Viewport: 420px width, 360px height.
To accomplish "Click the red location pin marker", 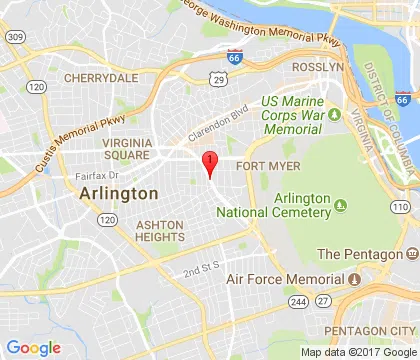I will point(209,163).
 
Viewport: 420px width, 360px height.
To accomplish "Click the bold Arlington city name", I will point(117,193).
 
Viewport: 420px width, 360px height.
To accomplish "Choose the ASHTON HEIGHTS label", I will point(160,232).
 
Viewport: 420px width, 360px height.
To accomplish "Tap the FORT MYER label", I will point(265,167).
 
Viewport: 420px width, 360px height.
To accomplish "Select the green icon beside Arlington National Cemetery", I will point(341,205).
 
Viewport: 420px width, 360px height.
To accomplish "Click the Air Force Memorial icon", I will point(354,278).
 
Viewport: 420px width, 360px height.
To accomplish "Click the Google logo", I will point(33,347).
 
